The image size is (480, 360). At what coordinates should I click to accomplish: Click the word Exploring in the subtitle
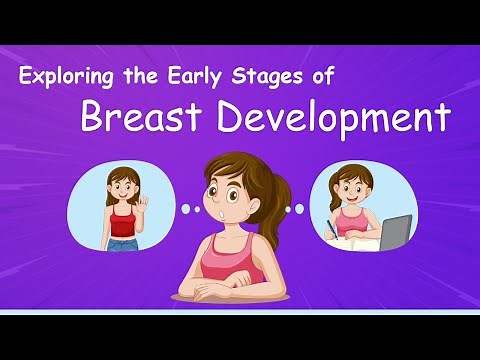(65, 77)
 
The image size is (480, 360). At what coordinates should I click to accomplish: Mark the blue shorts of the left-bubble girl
(122, 243)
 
